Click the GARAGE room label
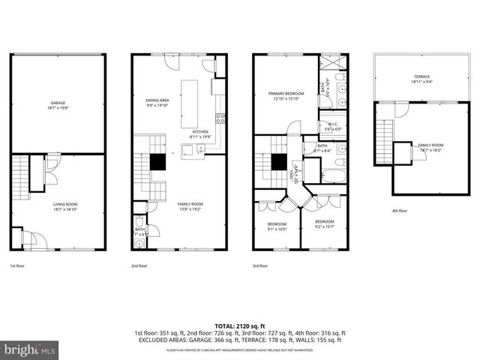coord(57,103)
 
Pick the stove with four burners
coord(220,117)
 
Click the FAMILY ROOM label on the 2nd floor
coord(190,204)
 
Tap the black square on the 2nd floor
coord(157,162)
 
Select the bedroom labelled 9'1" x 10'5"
coord(277,225)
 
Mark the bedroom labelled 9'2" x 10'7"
coord(324,223)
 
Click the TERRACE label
coord(421,77)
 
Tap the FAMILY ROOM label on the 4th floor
coord(430,146)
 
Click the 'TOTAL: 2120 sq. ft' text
coord(239,325)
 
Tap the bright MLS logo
coord(29,349)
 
